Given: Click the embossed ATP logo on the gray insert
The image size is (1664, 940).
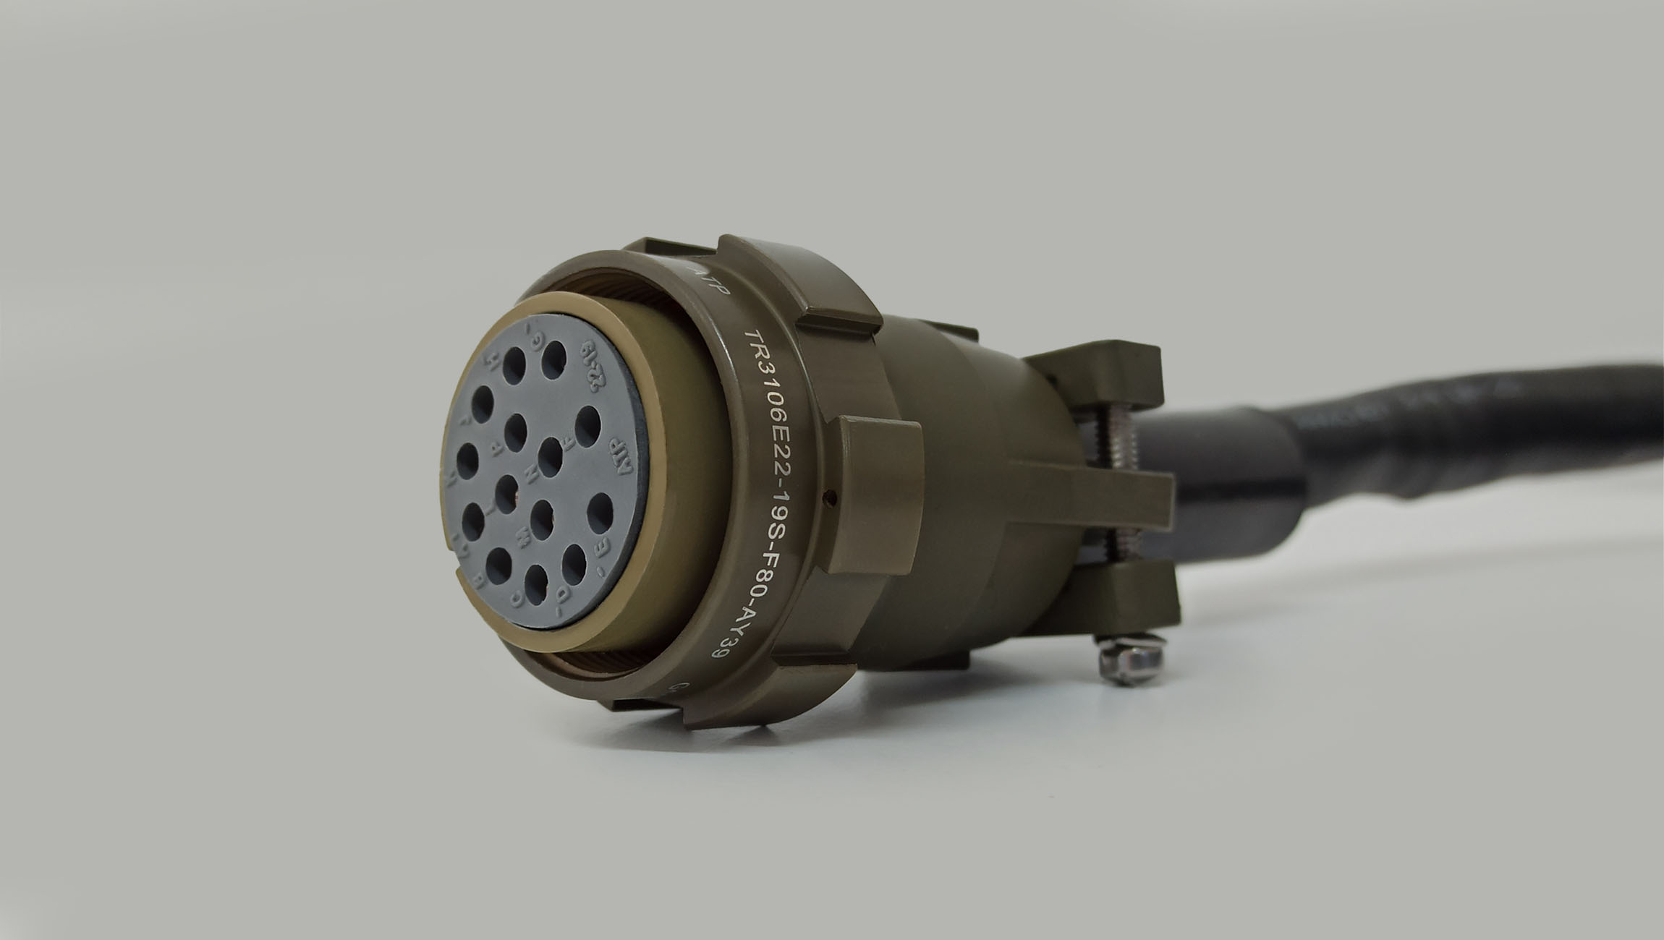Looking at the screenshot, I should coord(621,456).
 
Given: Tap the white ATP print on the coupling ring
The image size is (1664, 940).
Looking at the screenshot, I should coord(716,293).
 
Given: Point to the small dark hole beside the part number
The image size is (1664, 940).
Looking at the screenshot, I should coord(832,497).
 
